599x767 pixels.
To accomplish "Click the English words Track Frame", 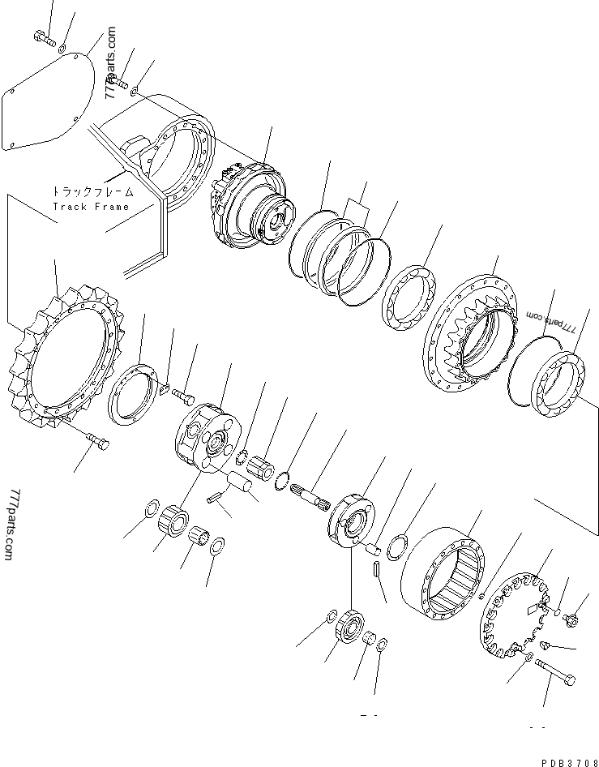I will point(91,207).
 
